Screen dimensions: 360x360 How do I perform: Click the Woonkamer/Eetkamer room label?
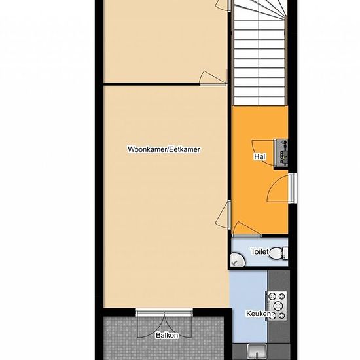point(164,149)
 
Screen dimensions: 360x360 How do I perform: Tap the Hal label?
point(260,157)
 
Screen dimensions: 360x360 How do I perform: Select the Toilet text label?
point(259,251)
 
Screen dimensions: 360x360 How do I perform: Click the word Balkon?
point(167,335)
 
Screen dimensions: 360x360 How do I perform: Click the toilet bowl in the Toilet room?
point(277,253)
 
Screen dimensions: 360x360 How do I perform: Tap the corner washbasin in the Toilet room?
point(238,260)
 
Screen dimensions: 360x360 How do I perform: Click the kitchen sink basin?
point(257,351)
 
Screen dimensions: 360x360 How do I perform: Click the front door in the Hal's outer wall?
point(292,188)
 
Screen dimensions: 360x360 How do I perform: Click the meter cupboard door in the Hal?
point(263,153)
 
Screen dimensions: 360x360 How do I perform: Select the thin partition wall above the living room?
point(152,84)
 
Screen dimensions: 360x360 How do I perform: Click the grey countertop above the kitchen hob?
point(278,281)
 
